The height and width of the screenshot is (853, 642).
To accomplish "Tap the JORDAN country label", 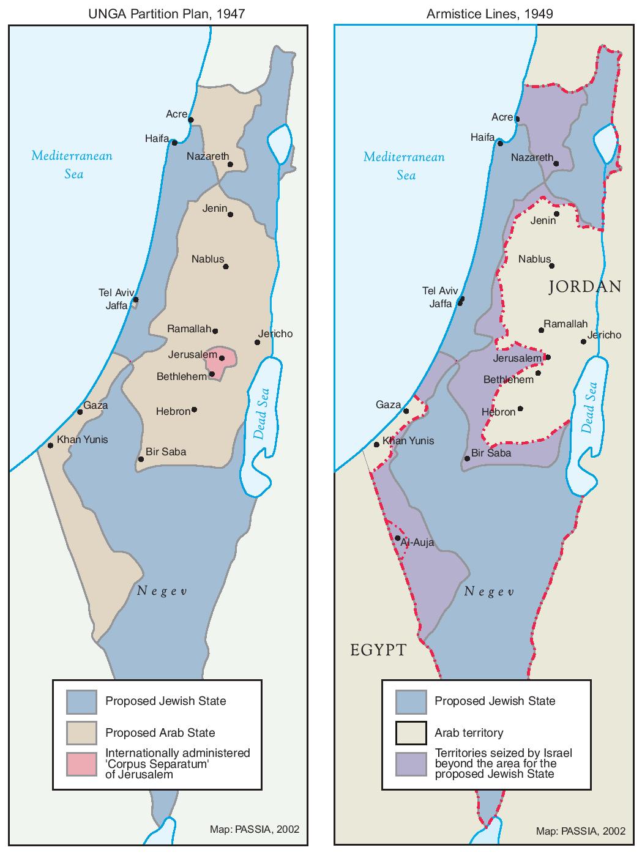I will coord(585,286).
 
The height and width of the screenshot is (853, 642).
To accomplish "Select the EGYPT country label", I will coord(378,649).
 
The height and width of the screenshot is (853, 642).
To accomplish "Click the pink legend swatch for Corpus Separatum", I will coord(81,763).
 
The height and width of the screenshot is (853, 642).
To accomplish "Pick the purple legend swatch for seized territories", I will coord(411,763).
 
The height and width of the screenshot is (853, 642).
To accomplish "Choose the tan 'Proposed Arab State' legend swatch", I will coord(81,732).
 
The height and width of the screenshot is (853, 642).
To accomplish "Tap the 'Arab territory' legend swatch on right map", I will coord(411,732).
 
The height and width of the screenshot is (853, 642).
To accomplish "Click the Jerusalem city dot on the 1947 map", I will coord(222,358).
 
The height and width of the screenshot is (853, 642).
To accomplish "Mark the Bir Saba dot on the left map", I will coord(141,458).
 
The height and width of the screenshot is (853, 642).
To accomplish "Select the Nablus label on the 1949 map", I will coord(534,259).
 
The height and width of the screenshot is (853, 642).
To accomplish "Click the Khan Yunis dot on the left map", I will coord(50,445).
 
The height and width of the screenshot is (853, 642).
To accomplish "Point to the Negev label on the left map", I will coord(161,590).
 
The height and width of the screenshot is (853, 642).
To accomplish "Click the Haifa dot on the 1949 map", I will coord(501,144).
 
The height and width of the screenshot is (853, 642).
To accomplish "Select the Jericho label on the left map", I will coord(275,333).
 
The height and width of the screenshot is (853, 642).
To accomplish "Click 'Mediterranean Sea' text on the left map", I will coord(72,164).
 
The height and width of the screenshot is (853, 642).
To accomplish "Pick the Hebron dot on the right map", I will coord(520,409).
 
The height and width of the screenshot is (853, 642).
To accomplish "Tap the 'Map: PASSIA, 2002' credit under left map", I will coord(254,830).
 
